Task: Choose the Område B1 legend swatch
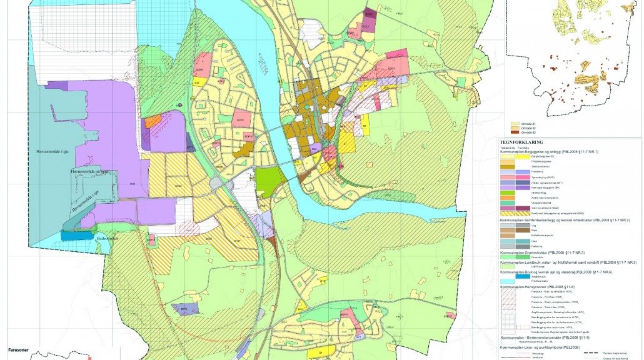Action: [516, 124]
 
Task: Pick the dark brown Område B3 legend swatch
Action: [516, 132]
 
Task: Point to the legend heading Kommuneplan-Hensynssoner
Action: [537, 286]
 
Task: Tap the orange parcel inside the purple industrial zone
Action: [153, 121]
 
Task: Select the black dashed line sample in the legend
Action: [590, 354]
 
